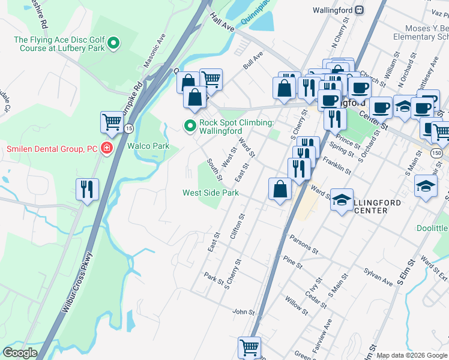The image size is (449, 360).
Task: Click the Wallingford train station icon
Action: click(359, 10)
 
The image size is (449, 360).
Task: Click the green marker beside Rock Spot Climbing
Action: click(190, 125)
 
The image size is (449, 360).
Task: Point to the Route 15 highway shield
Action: click(129, 128)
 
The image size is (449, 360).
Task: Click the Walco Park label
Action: click(148, 146)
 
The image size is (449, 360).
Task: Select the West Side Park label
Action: click(211, 193)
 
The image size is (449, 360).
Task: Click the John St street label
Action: click(244, 312)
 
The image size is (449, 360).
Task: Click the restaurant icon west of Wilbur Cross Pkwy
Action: click(88, 189)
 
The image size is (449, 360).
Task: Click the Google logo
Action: click(20, 353)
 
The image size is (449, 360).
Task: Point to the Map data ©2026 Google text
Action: click(411, 355)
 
